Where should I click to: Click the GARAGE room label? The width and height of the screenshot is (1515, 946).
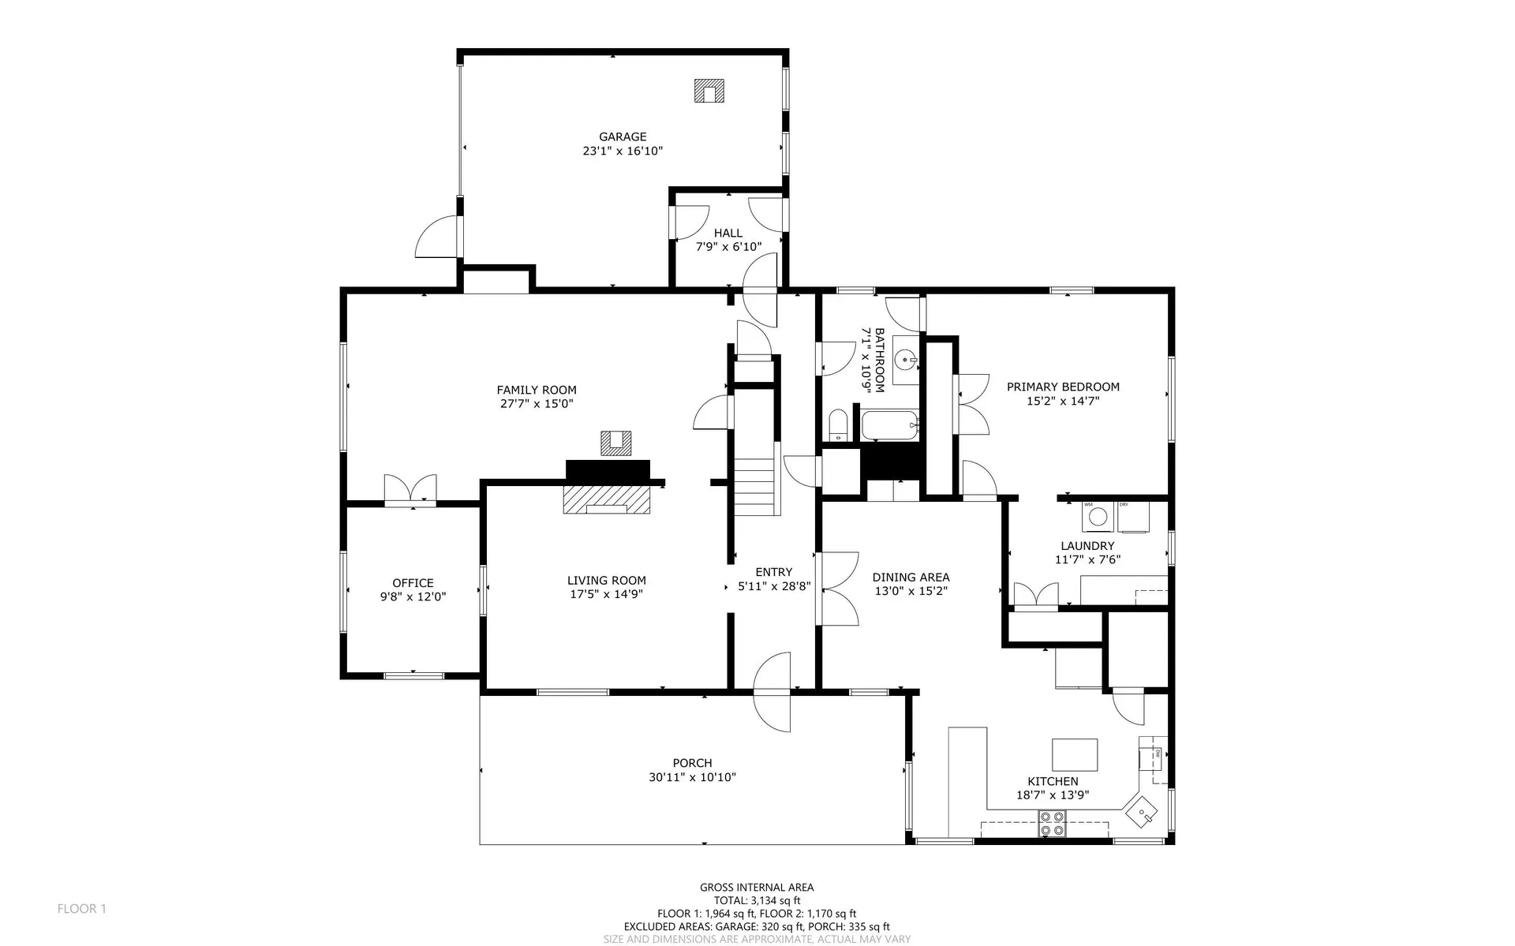[x=623, y=136]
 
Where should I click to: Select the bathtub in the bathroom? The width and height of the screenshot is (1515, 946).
[x=890, y=426]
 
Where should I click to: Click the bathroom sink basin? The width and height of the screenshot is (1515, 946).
[x=907, y=361]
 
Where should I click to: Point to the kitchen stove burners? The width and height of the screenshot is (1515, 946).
[x=1052, y=824]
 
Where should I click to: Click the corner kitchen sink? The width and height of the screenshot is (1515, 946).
[x=1143, y=811]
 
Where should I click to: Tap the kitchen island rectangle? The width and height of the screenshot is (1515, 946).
[x=1075, y=754]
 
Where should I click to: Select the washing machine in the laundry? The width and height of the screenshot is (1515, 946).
[x=1096, y=517]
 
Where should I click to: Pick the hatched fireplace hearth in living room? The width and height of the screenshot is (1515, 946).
[x=606, y=499]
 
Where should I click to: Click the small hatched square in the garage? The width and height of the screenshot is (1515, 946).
[x=709, y=91]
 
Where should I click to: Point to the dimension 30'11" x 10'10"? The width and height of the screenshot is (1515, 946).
[x=692, y=777]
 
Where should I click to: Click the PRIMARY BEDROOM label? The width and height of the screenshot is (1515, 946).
[x=1063, y=387]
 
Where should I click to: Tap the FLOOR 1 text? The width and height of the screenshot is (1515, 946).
[x=81, y=909]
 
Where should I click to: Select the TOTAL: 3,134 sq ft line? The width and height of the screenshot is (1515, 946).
[x=757, y=900]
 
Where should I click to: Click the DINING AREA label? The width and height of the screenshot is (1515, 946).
[x=911, y=577]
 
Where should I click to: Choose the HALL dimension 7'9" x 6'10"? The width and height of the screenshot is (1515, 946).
[x=728, y=246]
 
